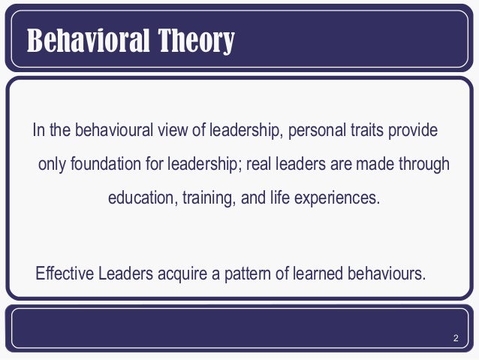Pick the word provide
411,130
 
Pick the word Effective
62,272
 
